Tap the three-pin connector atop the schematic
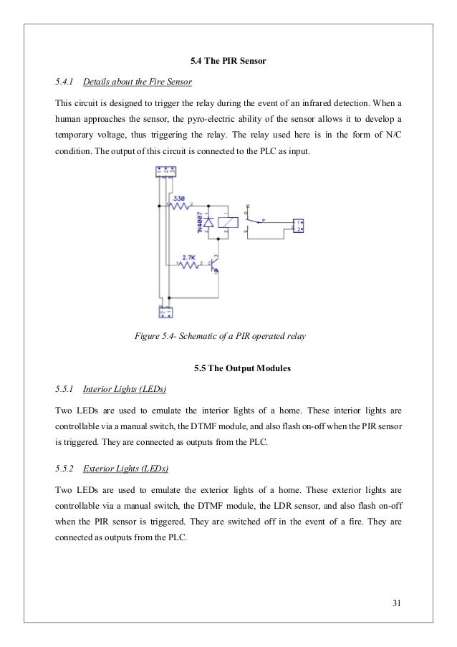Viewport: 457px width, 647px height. [165, 172]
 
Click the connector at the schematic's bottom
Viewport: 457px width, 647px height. [165, 313]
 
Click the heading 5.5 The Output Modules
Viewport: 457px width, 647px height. [228, 369]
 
